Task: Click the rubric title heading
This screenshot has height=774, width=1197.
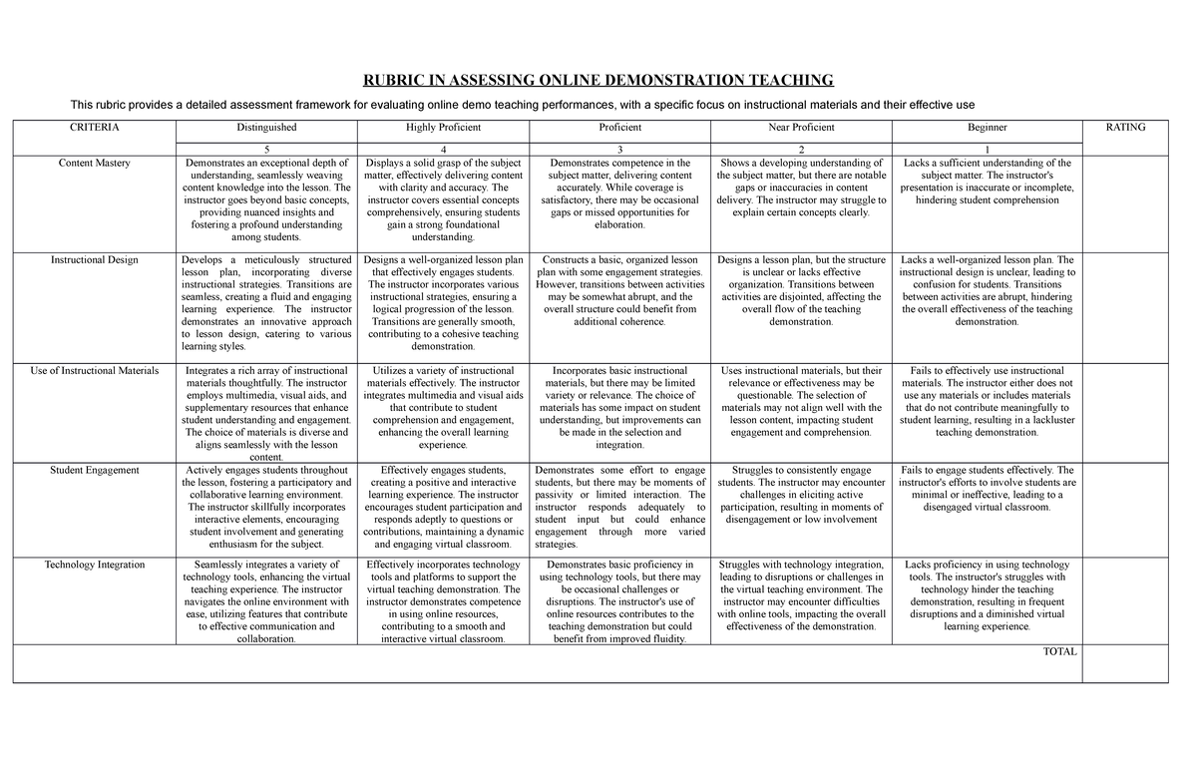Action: coord(598,81)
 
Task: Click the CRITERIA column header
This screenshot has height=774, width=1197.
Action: coord(94,128)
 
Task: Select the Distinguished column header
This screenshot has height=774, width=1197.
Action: coord(265,128)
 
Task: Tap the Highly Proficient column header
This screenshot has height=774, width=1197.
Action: coord(443,128)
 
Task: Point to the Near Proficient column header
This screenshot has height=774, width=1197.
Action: coord(801,128)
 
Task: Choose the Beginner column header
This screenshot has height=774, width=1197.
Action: coord(987,128)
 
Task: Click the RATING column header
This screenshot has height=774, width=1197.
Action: coord(1126,128)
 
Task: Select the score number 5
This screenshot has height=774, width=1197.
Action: coord(265,148)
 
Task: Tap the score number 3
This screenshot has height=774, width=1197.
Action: coord(620,148)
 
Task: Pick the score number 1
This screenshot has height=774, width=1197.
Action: coord(987,148)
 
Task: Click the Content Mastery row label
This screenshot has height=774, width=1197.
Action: coord(94,164)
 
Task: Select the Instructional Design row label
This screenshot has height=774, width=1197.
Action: coord(94,260)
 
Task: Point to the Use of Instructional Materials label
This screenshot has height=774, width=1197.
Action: coord(94,371)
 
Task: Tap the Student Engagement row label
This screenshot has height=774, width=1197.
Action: coord(94,470)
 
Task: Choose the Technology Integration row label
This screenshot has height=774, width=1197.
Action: coord(94,566)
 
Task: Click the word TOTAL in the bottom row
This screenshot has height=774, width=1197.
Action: coord(1059,652)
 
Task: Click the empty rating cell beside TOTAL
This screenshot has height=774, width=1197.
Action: coord(1126,663)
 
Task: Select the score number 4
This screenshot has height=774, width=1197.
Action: coord(443,148)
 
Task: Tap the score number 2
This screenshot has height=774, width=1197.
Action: coord(801,148)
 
